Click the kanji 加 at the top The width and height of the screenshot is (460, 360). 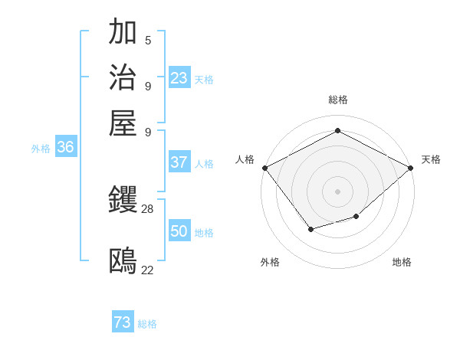(123, 33)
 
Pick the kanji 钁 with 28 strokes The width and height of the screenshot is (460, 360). (123, 201)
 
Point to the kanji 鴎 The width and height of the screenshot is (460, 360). (123, 261)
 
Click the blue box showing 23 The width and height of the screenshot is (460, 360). (179, 77)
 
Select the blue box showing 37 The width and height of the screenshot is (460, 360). (179, 162)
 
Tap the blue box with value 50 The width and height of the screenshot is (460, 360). (179, 231)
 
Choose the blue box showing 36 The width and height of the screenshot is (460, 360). (65, 148)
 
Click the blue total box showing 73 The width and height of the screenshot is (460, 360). (123, 322)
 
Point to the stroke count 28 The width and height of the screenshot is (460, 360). (148, 208)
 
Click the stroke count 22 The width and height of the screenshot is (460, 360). (148, 269)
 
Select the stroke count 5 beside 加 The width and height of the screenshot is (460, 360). (148, 41)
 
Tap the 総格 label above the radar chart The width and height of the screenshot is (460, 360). (337, 100)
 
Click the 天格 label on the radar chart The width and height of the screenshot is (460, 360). (431, 159)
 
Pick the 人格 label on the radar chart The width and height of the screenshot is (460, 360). (245, 159)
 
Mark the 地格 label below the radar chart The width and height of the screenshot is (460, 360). (402, 262)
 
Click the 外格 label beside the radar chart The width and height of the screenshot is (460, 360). (270, 262)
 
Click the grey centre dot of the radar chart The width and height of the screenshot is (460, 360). (337, 191)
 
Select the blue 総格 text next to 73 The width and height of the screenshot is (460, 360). (147, 324)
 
